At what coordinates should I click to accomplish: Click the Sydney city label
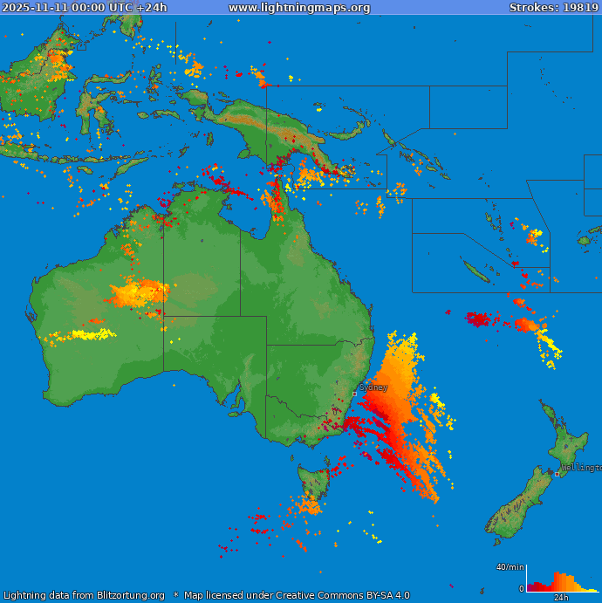click(x=373, y=387)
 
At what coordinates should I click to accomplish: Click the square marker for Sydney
click(x=354, y=394)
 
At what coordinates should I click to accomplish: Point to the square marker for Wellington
click(x=558, y=474)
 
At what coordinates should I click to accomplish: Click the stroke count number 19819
click(x=580, y=8)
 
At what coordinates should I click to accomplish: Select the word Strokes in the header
click(x=533, y=8)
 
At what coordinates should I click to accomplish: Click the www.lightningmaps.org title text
click(x=299, y=8)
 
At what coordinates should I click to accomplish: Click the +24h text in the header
click(x=152, y=8)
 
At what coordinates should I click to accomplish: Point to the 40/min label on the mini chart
click(x=510, y=567)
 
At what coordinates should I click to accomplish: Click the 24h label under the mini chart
click(x=561, y=598)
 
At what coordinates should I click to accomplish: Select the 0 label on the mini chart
click(x=521, y=589)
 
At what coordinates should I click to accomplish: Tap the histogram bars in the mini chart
click(x=558, y=583)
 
